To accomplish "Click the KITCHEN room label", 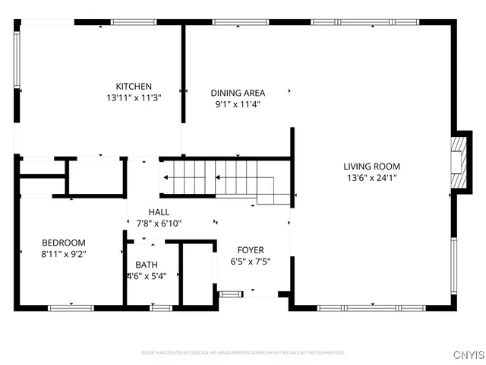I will [134, 86].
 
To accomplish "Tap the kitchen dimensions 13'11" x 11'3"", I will [134, 98].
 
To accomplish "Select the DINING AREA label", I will [238, 93].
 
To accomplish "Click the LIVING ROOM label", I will [371, 166].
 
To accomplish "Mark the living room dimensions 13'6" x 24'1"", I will [371, 178].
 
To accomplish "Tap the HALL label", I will [159, 212].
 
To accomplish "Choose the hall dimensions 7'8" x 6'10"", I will [159, 224].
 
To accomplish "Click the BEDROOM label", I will [64, 243].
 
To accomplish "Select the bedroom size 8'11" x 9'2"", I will [64, 255].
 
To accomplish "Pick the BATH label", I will [147, 265].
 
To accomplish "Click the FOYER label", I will [251, 249].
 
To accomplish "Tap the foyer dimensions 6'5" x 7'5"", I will [251, 261].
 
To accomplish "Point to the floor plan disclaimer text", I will [243, 353].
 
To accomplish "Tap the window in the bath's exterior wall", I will [160, 308].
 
